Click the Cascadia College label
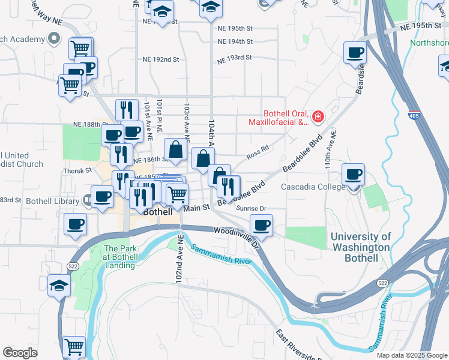pyautogui.click(x=313, y=187)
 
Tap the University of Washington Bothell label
pyautogui.click(x=361, y=247)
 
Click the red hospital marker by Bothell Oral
pyautogui.click(x=318, y=116)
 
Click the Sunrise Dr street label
pyautogui.click(x=251, y=208)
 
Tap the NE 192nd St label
pyautogui.click(x=161, y=59)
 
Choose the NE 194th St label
pyautogui.click(x=236, y=41)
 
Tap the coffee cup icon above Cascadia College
pyautogui.click(x=354, y=175)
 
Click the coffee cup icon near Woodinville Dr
pyautogui.click(x=261, y=226)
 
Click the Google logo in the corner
pyautogui.click(x=20, y=353)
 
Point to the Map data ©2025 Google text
pyautogui.click(x=412, y=355)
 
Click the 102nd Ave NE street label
pyautogui.click(x=179, y=260)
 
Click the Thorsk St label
pyautogui.click(x=77, y=170)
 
